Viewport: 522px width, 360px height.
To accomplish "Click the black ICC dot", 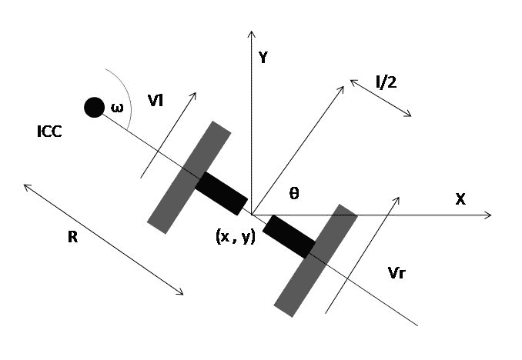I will click(94, 107).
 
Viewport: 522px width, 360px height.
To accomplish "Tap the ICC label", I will click(49, 132).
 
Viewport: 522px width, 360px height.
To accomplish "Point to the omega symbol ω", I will click(117, 108).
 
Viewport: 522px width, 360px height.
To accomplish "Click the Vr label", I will click(399, 273).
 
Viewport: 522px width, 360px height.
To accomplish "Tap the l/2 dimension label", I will click(386, 82).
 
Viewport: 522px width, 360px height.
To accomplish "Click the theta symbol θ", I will click(293, 195).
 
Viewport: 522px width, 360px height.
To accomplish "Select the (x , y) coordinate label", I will click(236, 236).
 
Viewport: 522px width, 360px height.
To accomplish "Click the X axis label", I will click(460, 198).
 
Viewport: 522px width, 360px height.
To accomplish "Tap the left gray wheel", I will click(189, 177).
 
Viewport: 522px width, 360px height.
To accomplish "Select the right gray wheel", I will click(316, 260).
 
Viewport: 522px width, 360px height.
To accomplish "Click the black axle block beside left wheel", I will click(222, 193).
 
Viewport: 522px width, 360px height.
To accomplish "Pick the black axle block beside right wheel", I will click(289, 235).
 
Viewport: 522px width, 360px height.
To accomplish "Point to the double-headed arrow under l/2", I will click(381, 98).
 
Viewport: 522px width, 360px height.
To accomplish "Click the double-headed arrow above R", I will click(103, 239).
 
